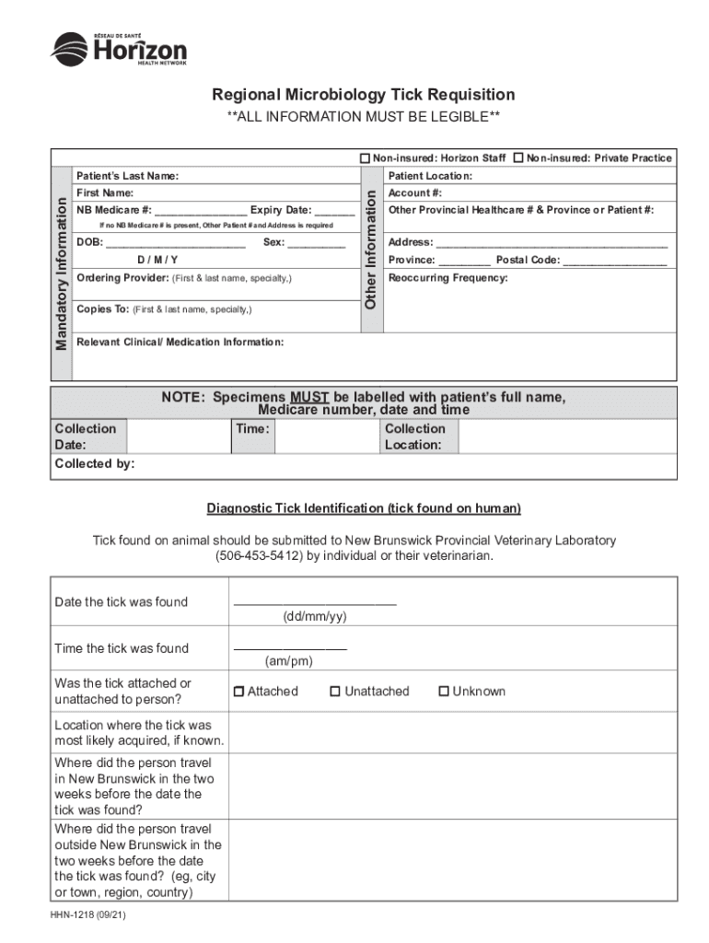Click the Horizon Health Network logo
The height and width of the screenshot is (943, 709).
pyautogui.click(x=118, y=49)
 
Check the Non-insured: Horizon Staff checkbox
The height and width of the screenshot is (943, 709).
pyautogui.click(x=365, y=158)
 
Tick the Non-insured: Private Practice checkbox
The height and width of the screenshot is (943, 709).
pyautogui.click(x=518, y=158)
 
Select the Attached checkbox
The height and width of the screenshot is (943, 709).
pyautogui.click(x=239, y=692)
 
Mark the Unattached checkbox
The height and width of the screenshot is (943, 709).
pyautogui.click(x=336, y=692)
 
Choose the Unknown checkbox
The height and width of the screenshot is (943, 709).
pyautogui.click(x=444, y=692)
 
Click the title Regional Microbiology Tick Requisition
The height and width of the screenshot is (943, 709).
pyautogui.click(x=364, y=95)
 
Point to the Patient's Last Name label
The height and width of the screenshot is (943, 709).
pyautogui.click(x=127, y=176)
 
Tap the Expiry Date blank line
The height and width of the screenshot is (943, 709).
pyautogui.click(x=334, y=211)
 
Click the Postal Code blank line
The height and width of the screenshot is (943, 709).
pyautogui.click(x=614, y=262)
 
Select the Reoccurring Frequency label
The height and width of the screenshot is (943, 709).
pyautogui.click(x=447, y=278)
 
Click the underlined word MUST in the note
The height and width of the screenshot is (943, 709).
pyautogui.click(x=309, y=398)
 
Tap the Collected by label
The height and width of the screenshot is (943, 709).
pyautogui.click(x=95, y=464)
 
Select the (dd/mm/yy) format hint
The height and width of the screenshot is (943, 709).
pyautogui.click(x=315, y=616)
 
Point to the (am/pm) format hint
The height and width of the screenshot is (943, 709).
pyautogui.click(x=289, y=661)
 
